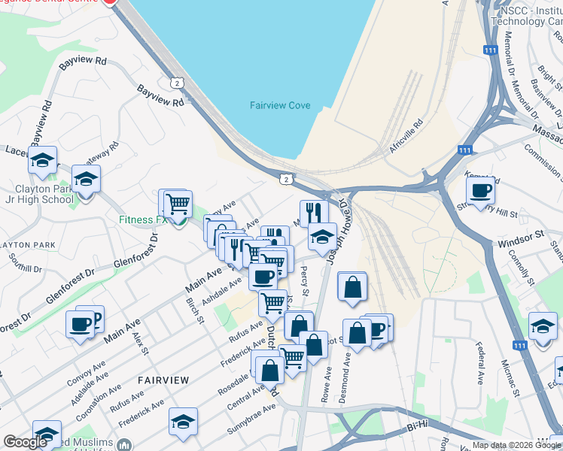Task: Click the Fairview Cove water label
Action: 280,105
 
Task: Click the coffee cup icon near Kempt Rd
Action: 479,191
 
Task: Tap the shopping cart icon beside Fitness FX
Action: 178,203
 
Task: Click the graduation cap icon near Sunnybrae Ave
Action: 183,422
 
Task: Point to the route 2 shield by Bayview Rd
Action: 176,82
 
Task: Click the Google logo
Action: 26,442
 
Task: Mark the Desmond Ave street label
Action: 345,384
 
